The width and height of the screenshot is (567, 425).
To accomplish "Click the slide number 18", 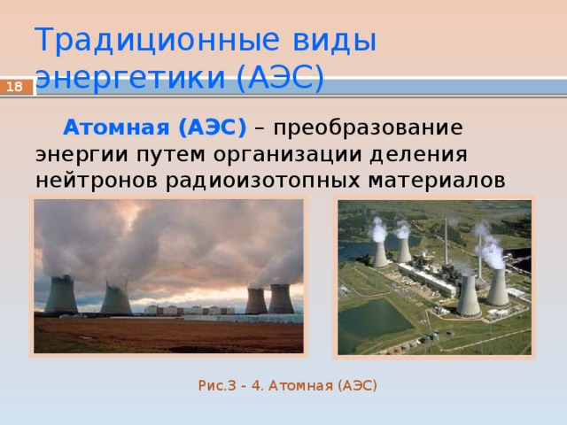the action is (x=14, y=87).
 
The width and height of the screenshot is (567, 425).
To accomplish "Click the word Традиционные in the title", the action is (x=157, y=39).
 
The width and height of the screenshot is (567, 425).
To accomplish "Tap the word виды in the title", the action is (x=335, y=39).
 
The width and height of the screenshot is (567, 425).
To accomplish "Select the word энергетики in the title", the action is (x=131, y=78).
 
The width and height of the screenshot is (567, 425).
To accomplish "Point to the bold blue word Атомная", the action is (x=116, y=127).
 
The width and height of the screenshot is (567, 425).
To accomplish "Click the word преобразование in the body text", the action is (x=368, y=128).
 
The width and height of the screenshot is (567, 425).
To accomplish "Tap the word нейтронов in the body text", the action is (x=97, y=181).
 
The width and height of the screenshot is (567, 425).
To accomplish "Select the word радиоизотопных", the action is (x=263, y=182).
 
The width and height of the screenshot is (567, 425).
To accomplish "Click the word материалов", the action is (x=437, y=181).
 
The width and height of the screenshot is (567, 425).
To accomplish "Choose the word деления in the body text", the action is (x=418, y=155).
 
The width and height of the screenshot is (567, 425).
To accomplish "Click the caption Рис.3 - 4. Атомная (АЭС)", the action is (x=287, y=386).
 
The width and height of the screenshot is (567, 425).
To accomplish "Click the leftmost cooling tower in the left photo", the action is (x=61, y=294).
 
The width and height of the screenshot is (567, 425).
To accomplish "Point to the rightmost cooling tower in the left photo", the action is (x=281, y=298).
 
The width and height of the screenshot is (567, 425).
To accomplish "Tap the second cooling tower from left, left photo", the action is (x=116, y=297).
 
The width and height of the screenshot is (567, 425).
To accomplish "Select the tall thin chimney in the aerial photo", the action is (x=447, y=242).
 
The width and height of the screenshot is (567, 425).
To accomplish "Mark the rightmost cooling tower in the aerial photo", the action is (x=498, y=287).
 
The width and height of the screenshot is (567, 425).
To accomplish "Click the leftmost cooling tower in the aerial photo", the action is (x=380, y=254).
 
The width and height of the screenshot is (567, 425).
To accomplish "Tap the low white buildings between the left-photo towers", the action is (x=189, y=310).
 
